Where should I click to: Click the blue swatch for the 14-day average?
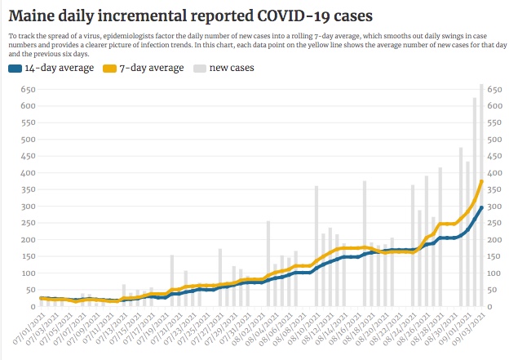click(x=15, y=69)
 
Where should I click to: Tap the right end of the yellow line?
click(x=482, y=181)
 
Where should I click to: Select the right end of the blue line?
click(x=482, y=207)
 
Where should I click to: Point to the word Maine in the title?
click(x=33, y=16)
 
